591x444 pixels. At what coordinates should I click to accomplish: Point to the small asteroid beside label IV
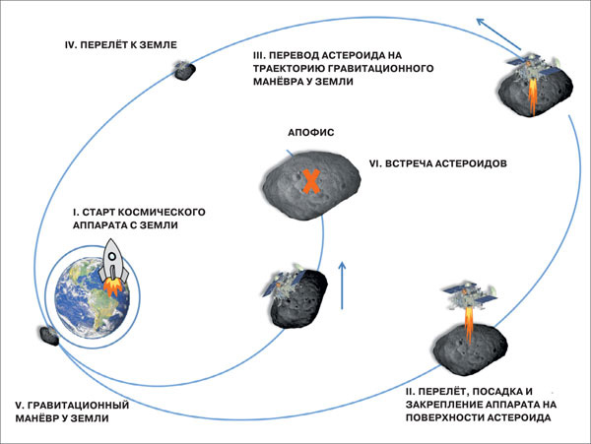click(182, 70)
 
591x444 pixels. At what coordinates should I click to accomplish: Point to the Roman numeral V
click(20, 406)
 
